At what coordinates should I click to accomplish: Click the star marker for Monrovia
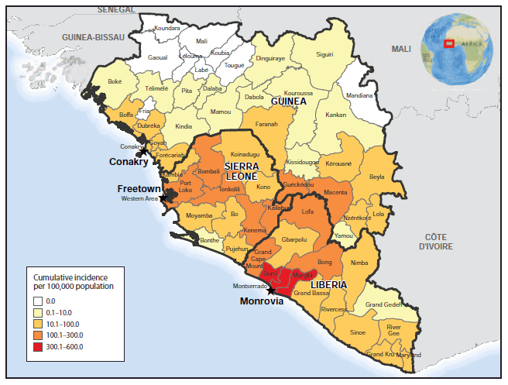click(269, 290)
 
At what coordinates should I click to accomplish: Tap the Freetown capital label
click(139, 188)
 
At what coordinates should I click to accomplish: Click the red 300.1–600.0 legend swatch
click(38, 346)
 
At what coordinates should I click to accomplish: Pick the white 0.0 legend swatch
click(38, 300)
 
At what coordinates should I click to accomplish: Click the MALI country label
click(401, 48)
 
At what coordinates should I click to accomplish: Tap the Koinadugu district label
click(245, 155)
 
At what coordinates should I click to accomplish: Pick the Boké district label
click(115, 81)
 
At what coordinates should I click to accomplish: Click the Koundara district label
click(166, 29)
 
